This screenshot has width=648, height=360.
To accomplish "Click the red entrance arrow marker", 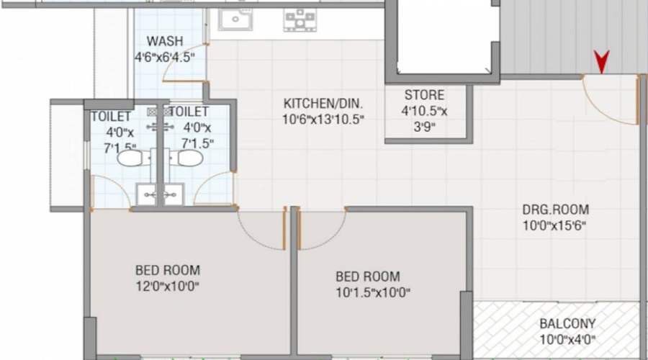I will click(x=600, y=62).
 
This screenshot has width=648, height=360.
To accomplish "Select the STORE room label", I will click(x=424, y=95).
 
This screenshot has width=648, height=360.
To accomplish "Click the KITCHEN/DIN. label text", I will click(x=319, y=103).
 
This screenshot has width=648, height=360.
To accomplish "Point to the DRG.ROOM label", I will click(x=555, y=210).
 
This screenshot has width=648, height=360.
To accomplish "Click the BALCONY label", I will click(x=567, y=324).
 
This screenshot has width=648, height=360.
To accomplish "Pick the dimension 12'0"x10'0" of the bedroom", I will click(x=167, y=287).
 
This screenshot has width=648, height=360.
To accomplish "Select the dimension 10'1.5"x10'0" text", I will click(x=367, y=292).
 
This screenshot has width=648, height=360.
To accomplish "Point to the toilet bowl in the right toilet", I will click(x=189, y=158).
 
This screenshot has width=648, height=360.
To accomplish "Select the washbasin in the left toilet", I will click(x=146, y=193).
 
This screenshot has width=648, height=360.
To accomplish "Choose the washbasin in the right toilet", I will click(x=173, y=193).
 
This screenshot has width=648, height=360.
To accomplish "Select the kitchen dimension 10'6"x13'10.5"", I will click(x=319, y=119).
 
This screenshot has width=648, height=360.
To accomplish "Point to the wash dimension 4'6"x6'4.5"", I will click(x=165, y=57).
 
